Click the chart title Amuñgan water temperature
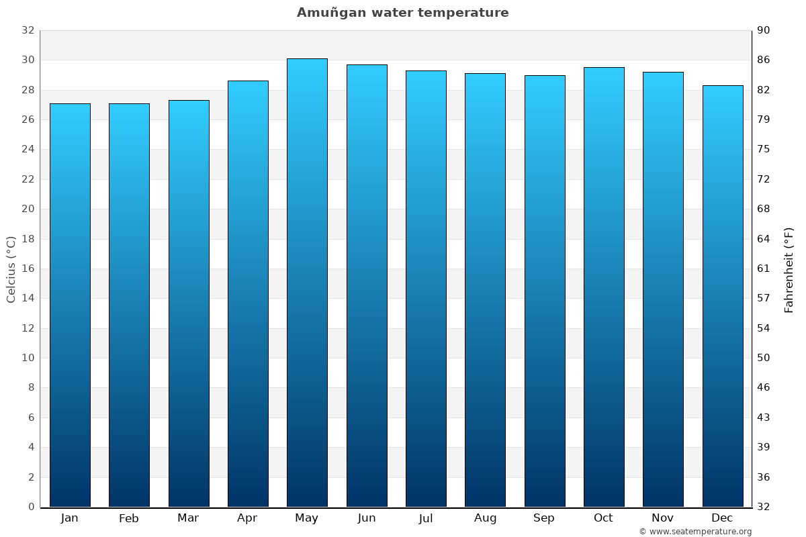402,13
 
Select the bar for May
307,282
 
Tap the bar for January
70,305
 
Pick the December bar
723,295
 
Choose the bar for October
604,287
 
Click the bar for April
248,293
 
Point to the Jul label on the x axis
426,518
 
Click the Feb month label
129,518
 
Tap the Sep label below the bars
544,518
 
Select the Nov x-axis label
663,518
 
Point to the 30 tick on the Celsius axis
28,60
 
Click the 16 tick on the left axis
28,268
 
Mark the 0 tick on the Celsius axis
31,507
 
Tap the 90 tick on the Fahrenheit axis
764,30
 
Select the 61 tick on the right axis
764,268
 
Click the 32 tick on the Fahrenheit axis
764,507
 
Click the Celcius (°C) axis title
11,268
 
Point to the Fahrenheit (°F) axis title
789,269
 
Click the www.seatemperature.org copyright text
695,532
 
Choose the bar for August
485,290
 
